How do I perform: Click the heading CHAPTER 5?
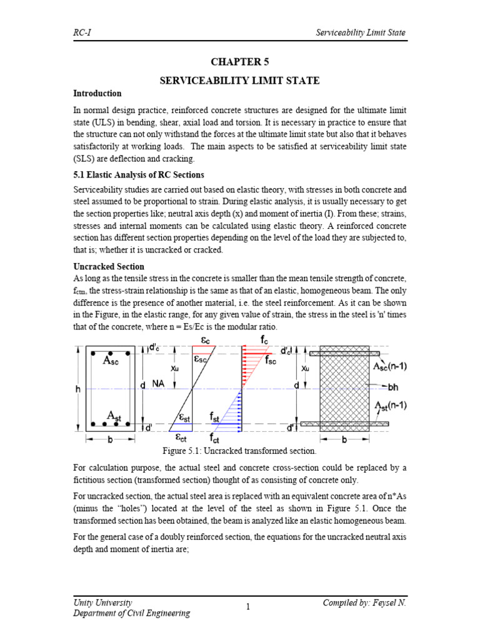240,62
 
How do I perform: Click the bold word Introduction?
97,94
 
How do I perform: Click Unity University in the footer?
102,602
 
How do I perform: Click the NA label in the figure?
157,384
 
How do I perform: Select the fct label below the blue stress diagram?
214,437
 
